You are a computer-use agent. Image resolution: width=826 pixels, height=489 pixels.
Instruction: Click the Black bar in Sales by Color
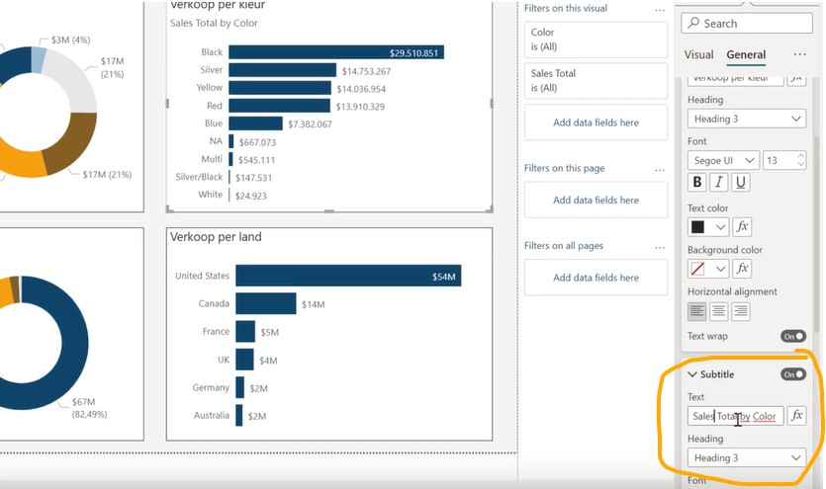tap(336, 52)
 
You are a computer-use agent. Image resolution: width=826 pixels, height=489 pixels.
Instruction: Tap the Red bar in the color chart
tap(280, 106)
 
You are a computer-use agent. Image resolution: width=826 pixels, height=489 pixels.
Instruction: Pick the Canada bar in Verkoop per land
tap(265, 304)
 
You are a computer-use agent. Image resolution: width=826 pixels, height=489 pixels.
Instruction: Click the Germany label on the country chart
tap(211, 388)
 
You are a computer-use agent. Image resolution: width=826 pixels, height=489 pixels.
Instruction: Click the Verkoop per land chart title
tap(216, 237)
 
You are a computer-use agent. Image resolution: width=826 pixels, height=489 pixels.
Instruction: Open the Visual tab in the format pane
tap(698, 55)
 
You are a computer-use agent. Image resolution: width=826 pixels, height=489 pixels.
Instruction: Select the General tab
tap(746, 55)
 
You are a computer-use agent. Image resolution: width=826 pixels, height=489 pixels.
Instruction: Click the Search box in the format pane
tap(746, 23)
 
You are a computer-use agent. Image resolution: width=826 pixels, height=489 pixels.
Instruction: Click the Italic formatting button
tap(719, 183)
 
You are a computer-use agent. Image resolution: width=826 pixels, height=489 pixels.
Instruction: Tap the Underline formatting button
tap(741, 183)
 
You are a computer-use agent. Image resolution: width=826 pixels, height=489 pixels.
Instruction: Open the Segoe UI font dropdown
tap(723, 160)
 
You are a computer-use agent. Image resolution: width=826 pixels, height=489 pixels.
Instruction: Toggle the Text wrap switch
tap(793, 336)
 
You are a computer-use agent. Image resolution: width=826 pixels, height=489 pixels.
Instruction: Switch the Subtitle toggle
tap(793, 374)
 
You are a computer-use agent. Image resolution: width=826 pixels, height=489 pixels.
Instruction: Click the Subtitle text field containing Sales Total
tap(735, 416)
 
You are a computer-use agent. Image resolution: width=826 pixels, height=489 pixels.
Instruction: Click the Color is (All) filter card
tap(596, 40)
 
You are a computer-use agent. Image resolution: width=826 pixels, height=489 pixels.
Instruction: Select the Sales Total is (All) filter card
tap(596, 81)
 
